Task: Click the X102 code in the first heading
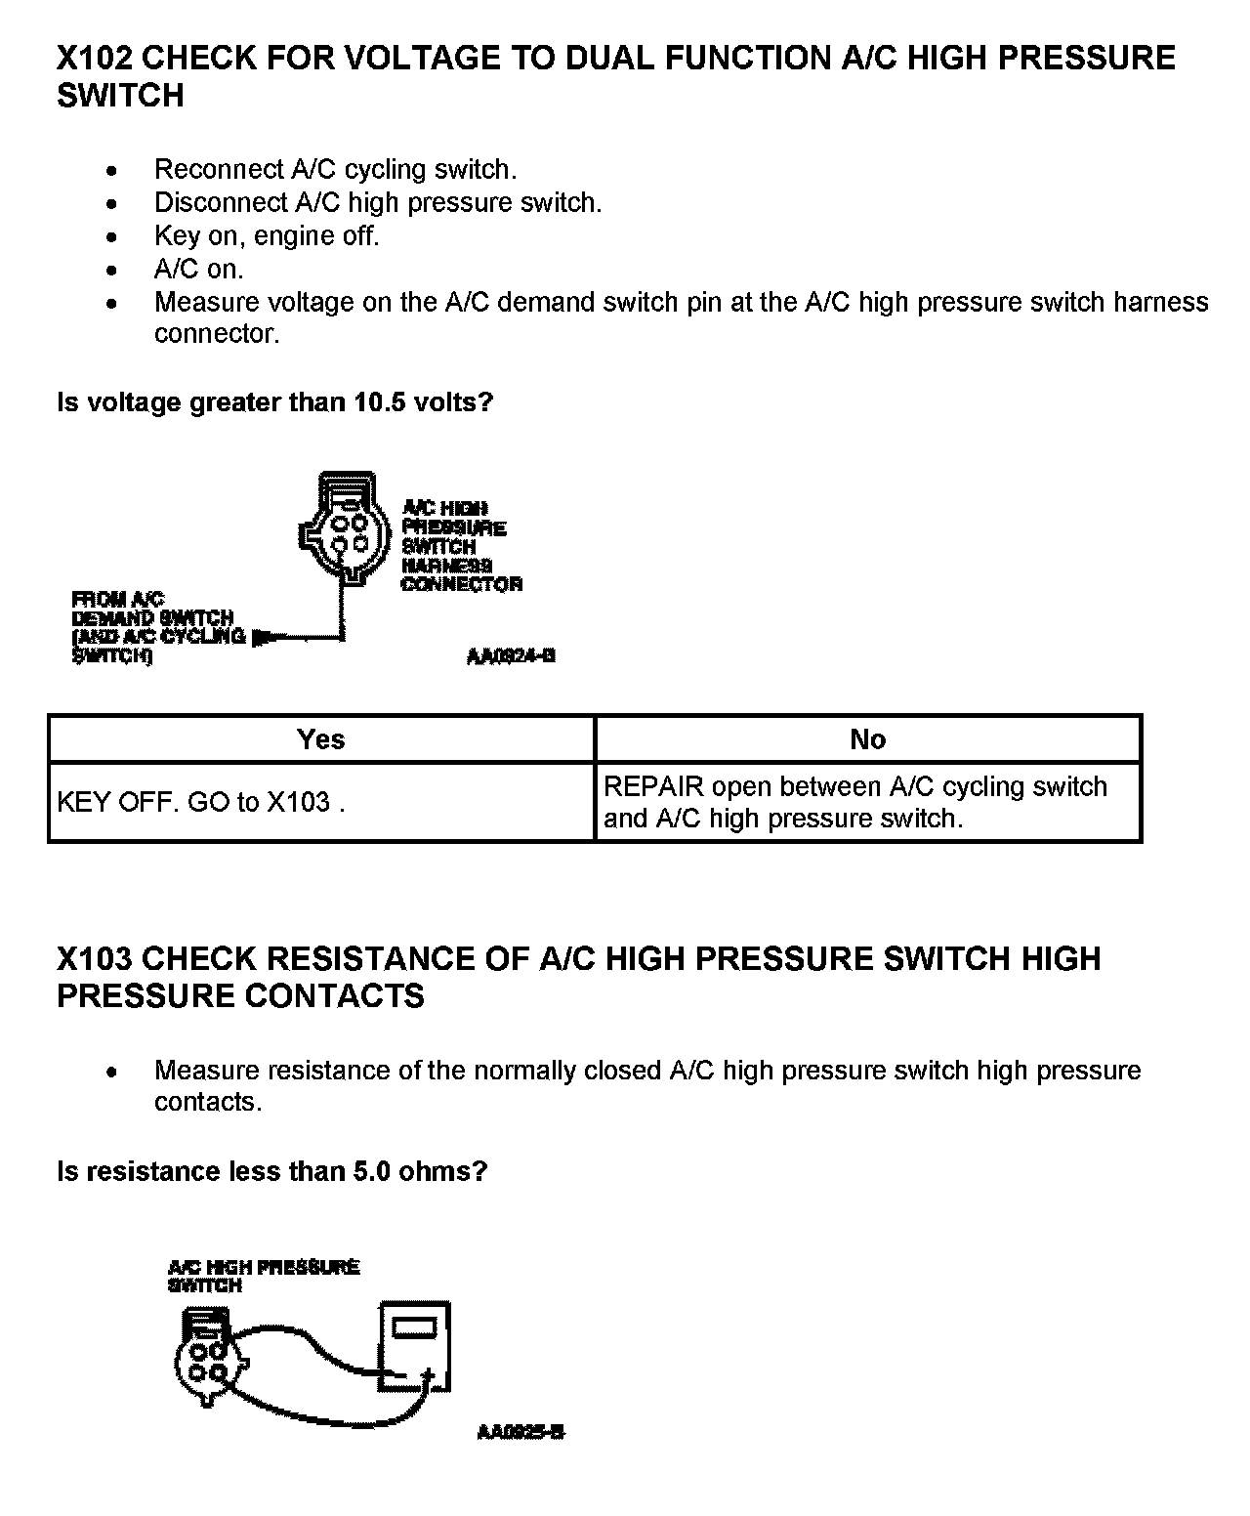[94, 59]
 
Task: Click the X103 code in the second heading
[94, 958]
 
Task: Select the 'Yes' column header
[321, 739]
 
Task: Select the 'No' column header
[867, 739]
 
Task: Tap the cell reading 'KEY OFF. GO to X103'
[201, 803]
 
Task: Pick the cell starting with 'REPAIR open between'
[855, 802]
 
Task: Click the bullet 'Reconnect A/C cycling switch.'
[335, 170]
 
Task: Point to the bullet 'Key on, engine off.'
[266, 236]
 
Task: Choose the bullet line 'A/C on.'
[198, 270]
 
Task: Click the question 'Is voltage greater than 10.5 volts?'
[275, 402]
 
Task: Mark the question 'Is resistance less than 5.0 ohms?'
[271, 1171]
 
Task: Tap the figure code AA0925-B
[521, 1432]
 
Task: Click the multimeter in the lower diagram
[415, 1346]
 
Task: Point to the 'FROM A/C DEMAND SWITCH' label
[156, 627]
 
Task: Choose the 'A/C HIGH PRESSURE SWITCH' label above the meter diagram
[263, 1276]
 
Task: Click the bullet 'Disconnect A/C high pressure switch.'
[377, 203]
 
